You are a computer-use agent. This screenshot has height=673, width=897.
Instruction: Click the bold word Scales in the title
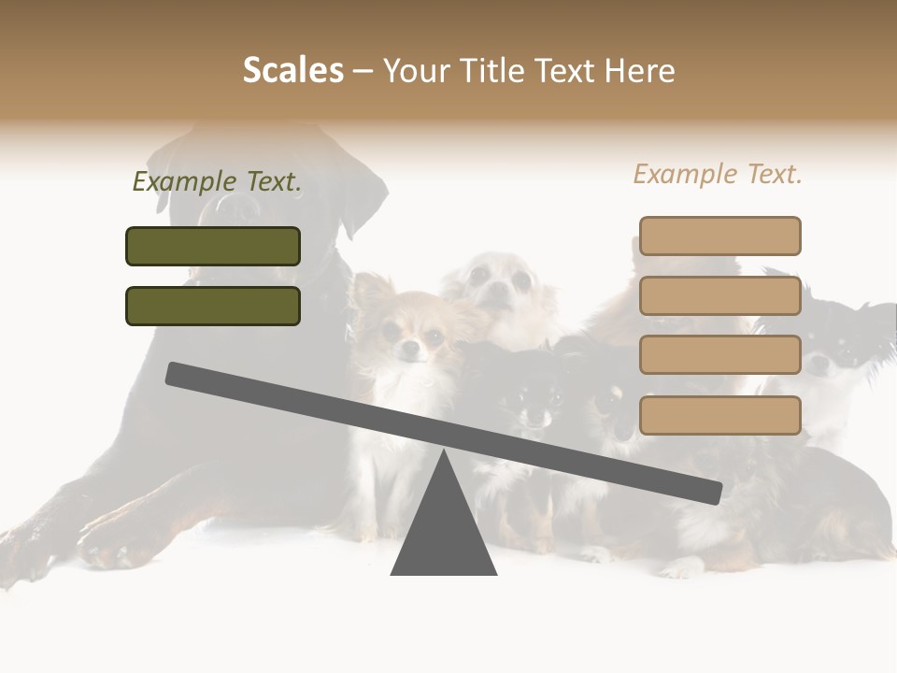click(x=292, y=70)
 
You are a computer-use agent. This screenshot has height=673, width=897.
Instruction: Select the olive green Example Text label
click(x=217, y=182)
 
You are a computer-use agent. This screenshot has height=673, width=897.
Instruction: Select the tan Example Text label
click(x=718, y=174)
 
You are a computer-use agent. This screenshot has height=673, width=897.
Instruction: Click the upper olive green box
click(x=213, y=246)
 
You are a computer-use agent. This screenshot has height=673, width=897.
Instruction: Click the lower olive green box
click(x=213, y=306)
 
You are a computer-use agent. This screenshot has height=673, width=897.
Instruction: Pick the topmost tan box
click(x=719, y=236)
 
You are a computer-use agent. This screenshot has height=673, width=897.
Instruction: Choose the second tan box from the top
click(x=719, y=295)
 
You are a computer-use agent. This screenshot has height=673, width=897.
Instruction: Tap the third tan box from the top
click(x=719, y=355)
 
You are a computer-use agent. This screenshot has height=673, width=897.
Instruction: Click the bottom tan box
click(x=719, y=415)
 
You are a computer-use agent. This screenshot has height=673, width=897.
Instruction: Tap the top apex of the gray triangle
click(x=444, y=453)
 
